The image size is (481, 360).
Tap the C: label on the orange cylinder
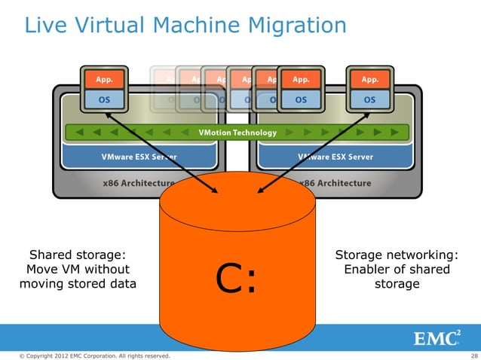pyautogui.click(x=237, y=279)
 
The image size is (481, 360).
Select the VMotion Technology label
pyautogui.click(x=237, y=133)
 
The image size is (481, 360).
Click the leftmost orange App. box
pyautogui.click(x=103, y=79)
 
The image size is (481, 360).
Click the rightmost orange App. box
pyautogui.click(x=370, y=79)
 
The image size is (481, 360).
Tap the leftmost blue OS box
pyautogui.click(x=103, y=99)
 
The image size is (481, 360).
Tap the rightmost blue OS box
pyautogui.click(x=370, y=99)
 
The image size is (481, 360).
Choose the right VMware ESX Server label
pyautogui.click(x=335, y=157)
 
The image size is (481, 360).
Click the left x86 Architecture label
pyautogui.click(x=139, y=183)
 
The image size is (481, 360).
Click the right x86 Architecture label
pyautogui.click(x=335, y=183)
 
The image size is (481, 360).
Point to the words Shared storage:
pyautogui.click(x=76, y=255)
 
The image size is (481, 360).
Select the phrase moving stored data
pyautogui.click(x=77, y=284)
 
